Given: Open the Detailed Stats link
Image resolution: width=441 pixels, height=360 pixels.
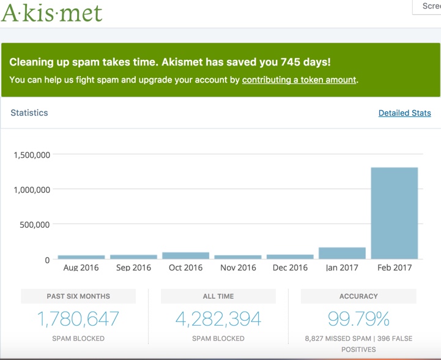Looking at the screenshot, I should tap(404, 113).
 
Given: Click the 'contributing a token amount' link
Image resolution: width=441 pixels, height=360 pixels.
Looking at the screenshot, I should tap(299, 80).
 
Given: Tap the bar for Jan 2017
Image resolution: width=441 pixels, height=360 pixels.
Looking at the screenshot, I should tap(342, 253).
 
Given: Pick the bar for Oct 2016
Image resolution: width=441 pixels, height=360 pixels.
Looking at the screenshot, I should tap(185, 256).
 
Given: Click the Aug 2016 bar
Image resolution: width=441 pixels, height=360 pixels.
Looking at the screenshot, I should tap(81, 257).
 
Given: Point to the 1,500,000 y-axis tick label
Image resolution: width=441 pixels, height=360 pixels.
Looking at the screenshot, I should tap(31, 155).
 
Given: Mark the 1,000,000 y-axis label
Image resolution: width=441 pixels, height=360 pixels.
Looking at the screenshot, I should tap(31, 190).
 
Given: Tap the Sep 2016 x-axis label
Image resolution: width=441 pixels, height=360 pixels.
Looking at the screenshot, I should tap(133, 268).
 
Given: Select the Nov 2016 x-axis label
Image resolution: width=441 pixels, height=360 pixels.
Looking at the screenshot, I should tap(238, 268).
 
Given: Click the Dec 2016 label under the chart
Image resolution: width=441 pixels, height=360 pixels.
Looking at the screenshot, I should tap(290, 268).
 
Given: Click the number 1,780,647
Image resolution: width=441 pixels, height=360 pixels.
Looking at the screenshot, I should tap(78, 319).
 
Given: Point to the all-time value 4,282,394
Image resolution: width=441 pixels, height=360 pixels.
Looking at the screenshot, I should tap(218, 319).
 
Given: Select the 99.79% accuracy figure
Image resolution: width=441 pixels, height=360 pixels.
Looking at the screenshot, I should tap(358, 319).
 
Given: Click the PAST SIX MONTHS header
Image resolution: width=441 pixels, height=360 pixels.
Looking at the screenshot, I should tap(78, 296).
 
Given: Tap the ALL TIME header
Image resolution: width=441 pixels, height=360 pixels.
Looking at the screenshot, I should tap(218, 296).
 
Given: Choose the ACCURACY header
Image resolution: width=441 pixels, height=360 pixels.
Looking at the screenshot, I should tap(358, 296).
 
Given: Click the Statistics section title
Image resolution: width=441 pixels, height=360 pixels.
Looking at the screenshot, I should tap(29, 113).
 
